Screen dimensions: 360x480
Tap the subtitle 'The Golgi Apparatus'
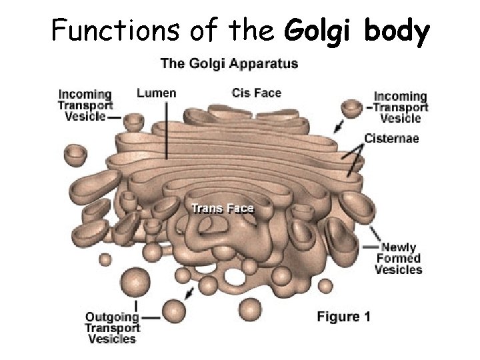pyautogui.click(x=229, y=65)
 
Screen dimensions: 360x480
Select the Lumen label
pyautogui.click(x=156, y=93)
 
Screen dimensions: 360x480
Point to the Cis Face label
pyautogui.click(x=257, y=93)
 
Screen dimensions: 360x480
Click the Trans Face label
pyautogui.click(x=223, y=208)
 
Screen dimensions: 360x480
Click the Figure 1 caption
pyautogui.click(x=343, y=317)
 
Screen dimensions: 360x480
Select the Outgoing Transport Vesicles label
pyautogui.click(x=112, y=327)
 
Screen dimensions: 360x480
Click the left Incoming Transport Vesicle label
pyautogui.click(x=85, y=105)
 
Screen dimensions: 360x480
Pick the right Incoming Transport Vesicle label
pyautogui.click(x=401, y=107)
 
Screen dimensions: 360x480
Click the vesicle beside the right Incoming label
pyautogui.click(x=351, y=107)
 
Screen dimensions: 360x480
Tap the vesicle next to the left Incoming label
pyautogui.click(x=134, y=122)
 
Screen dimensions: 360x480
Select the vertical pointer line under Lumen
pyautogui.click(x=167, y=130)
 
